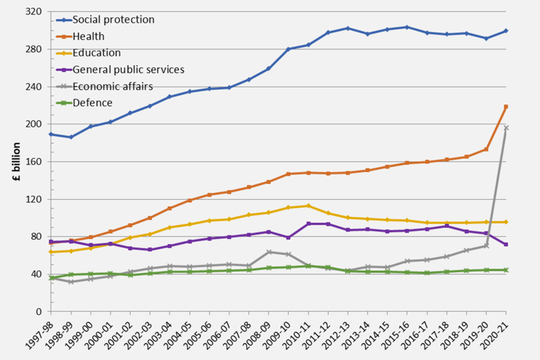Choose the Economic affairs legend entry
[x=113, y=86]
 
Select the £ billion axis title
[x=16, y=161]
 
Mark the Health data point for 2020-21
[x=506, y=107]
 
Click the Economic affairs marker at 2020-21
[x=506, y=128]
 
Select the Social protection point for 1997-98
[x=51, y=134]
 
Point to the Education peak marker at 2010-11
[x=308, y=206]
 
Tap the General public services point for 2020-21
[x=506, y=244]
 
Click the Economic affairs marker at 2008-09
[x=269, y=252]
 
